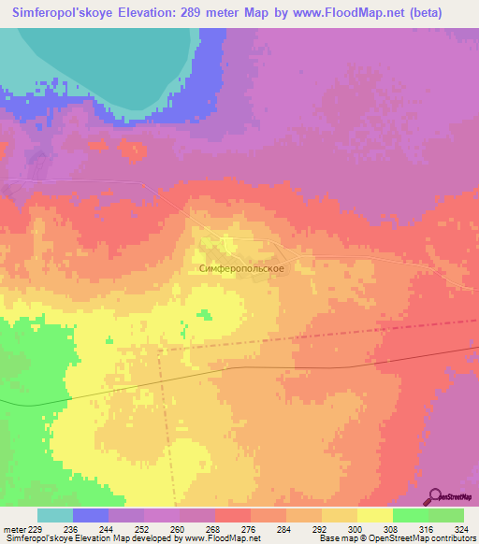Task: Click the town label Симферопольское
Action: pyautogui.click(x=241, y=267)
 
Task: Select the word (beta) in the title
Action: pyautogui.click(x=443, y=14)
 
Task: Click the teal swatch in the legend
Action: pyautogui.click(x=54, y=515)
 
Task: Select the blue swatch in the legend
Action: pyautogui.click(x=91, y=515)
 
